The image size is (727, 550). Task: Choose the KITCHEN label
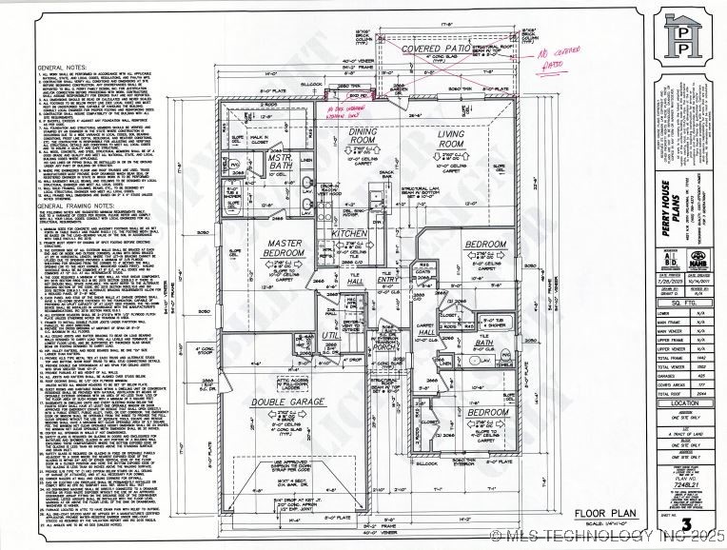[x=348, y=233]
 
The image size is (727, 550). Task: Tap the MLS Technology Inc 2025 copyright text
[x=609, y=537]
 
